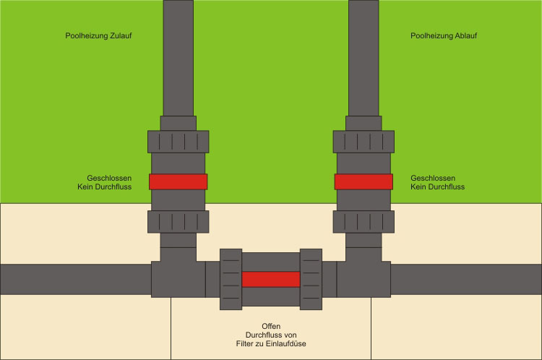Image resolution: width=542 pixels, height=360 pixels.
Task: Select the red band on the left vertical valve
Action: click(178, 181)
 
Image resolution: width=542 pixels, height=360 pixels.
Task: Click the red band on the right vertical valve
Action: click(364, 181)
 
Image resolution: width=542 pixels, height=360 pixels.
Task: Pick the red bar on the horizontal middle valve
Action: click(271, 279)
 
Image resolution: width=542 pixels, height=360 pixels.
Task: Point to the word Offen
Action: click(271, 326)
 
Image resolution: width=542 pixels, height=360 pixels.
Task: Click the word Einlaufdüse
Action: click(287, 343)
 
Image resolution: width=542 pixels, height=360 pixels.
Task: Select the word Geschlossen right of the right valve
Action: click(433, 178)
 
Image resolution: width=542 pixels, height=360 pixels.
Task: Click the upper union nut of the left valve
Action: click(178, 141)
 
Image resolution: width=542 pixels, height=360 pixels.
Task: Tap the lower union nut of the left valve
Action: click(178, 221)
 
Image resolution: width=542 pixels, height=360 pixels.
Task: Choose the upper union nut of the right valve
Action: click(364, 141)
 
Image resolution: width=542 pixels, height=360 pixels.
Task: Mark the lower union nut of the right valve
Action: click(364, 221)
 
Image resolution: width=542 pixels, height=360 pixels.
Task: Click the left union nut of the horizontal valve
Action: click(231, 279)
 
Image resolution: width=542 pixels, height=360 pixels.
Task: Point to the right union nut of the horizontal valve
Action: click(311, 279)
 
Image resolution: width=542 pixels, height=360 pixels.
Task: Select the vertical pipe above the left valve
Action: click(178, 58)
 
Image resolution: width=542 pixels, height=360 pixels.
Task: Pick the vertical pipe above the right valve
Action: click(364, 58)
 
